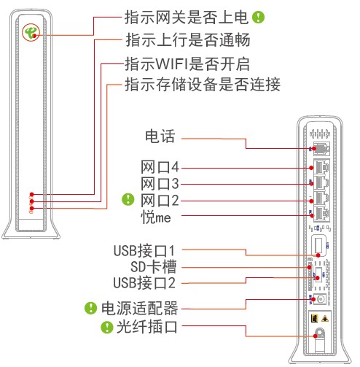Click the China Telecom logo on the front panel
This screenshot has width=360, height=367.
[x=31, y=32]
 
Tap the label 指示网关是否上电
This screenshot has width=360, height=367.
[x=187, y=18]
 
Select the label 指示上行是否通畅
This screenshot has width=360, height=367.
[x=187, y=40]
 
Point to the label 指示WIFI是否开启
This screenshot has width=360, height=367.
[x=187, y=64]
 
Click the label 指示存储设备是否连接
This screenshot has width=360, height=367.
[x=203, y=85]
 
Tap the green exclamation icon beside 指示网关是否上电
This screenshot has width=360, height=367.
[x=258, y=18]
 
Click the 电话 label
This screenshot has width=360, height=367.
[x=160, y=136]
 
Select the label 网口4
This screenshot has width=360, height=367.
[x=160, y=167]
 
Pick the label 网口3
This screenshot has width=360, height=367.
[x=160, y=184]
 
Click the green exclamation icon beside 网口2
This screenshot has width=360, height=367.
[x=128, y=199]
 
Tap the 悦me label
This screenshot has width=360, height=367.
[x=156, y=217]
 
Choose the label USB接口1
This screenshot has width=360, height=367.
[x=144, y=251]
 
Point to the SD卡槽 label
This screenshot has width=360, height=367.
[x=153, y=267]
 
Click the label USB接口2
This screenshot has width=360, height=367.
[x=144, y=283]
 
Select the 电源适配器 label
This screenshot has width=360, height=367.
[x=139, y=309]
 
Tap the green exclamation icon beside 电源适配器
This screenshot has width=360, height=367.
[x=90, y=308]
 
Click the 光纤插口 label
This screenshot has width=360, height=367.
[x=147, y=327]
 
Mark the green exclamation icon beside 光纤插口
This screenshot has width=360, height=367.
[x=107, y=327]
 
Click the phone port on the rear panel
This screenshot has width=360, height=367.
[x=321, y=148]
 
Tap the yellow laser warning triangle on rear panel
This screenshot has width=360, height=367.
[x=325, y=319]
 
